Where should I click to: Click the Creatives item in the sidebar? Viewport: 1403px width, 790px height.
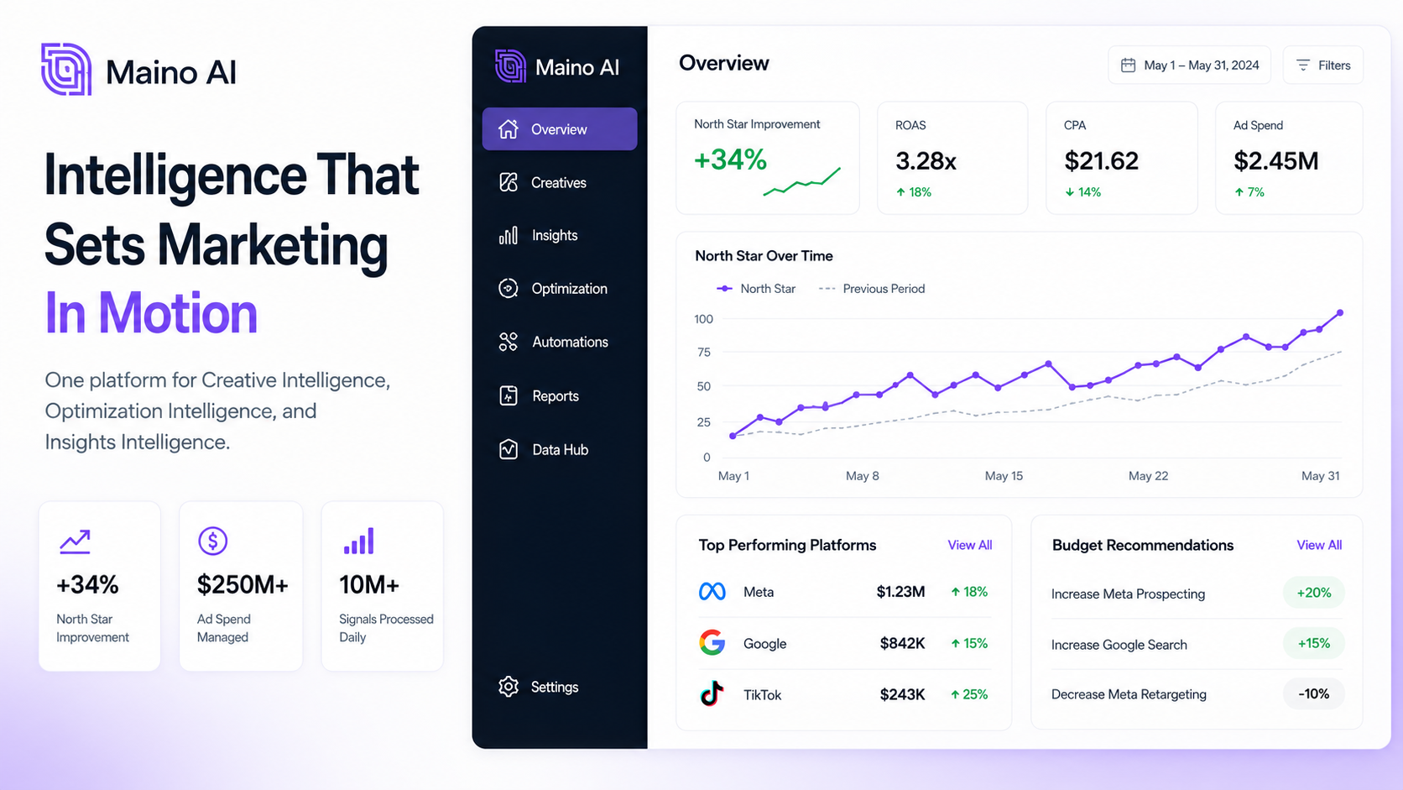coord(542,182)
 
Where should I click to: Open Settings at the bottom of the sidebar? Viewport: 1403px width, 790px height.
coord(538,687)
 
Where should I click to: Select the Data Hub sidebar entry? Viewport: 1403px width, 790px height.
coord(543,449)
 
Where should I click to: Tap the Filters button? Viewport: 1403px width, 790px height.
coord(1322,65)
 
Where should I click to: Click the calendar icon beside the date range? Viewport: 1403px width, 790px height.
coord(1128,65)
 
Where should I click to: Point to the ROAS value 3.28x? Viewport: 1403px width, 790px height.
coord(926,161)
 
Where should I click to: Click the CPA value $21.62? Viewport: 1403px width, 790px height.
coord(1101,161)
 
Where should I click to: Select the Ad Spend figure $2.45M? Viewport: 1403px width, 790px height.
coord(1275,161)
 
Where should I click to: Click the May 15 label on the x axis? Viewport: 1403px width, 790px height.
coord(1004,475)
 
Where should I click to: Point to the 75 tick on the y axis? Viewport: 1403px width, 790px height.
coord(704,352)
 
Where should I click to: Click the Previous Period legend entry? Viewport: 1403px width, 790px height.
coord(872,289)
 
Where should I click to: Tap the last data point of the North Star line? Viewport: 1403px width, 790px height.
coord(1340,312)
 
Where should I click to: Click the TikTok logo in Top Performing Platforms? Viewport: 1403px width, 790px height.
coord(712,693)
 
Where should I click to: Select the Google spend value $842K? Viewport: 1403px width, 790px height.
coord(902,643)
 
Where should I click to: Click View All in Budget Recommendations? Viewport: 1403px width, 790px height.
coord(1319,545)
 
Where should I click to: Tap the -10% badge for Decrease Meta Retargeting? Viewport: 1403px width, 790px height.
coord(1313,693)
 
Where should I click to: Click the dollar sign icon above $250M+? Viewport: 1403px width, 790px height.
coord(213,541)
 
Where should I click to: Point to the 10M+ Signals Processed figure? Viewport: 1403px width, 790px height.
coord(369,584)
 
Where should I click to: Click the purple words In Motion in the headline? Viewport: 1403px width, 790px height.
coord(151,312)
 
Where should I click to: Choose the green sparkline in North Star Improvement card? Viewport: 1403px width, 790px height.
coord(801,181)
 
